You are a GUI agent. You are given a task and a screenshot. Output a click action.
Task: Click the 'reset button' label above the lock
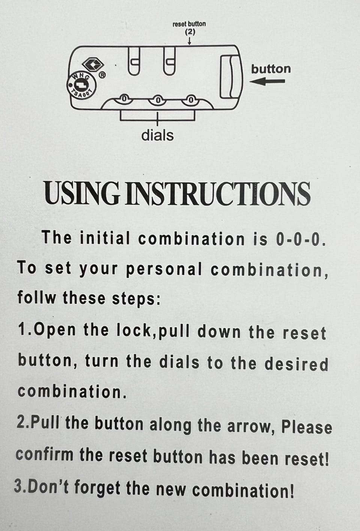(x=189, y=24)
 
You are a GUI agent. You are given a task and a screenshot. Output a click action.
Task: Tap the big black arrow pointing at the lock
(x=267, y=81)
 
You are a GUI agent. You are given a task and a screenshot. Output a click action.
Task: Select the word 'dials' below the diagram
(x=157, y=135)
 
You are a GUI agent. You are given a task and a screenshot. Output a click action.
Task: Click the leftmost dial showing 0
(x=123, y=99)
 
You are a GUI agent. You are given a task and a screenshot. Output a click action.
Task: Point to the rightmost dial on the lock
(x=190, y=100)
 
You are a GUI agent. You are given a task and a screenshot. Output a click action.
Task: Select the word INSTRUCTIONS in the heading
(x=217, y=193)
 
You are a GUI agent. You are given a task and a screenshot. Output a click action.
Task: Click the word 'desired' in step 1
(x=296, y=364)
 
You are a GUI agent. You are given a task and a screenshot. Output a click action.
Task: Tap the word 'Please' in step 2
(x=307, y=427)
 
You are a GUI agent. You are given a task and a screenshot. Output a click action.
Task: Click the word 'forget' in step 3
(x=97, y=489)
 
